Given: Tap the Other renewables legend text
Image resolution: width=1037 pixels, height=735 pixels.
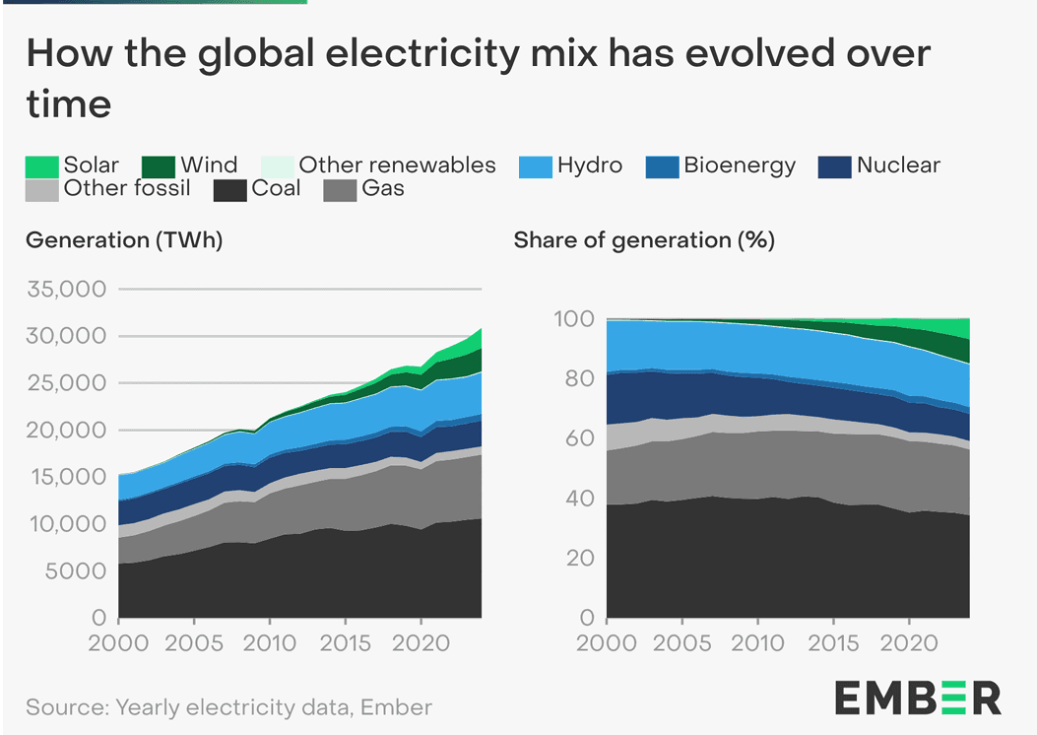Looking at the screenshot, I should [397, 166].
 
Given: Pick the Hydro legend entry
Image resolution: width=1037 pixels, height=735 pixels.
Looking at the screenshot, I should [589, 166].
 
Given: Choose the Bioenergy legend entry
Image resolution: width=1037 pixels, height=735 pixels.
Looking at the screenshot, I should [739, 166].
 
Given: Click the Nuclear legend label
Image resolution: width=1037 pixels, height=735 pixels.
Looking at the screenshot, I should [897, 166].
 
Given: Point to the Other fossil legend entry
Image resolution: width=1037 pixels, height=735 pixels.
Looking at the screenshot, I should [127, 188].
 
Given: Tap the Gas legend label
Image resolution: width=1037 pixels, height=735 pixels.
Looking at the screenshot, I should [382, 188].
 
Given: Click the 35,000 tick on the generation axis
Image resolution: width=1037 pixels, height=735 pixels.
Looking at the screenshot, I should [64, 290].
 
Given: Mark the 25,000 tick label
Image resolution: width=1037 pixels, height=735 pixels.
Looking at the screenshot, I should [64, 384].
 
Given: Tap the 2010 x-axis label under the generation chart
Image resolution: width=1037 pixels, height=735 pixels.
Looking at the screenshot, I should [270, 645].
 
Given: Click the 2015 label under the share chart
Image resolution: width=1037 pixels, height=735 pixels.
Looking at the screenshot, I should [832, 645].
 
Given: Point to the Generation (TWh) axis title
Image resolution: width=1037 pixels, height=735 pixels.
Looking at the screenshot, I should [125, 240].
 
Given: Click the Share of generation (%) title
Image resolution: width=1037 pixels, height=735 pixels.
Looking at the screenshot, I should [644, 240].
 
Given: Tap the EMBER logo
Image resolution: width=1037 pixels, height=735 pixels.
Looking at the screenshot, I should [917, 698].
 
